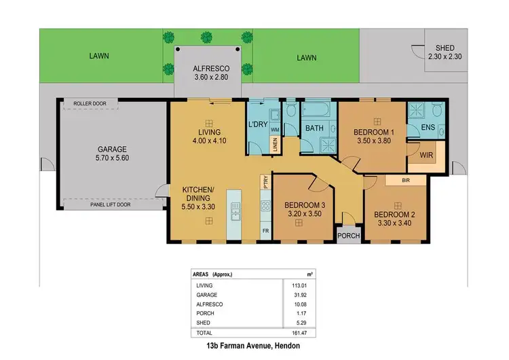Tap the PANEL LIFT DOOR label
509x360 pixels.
pos(110,203)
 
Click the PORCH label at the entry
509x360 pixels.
pos(349,236)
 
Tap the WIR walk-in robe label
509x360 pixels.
pos(427,155)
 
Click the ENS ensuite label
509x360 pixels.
pos(428,127)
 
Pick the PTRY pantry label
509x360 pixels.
pos(266,181)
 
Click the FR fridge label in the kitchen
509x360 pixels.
pos(265,230)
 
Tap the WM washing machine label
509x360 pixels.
pos(275,128)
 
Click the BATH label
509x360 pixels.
pos(314,128)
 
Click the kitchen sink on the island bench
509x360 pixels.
pos(235,215)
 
